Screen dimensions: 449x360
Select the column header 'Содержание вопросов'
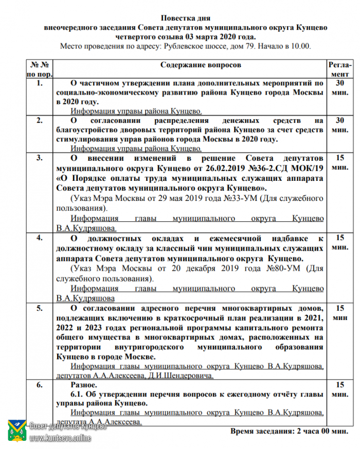pos(200,66)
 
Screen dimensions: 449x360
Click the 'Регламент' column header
pos(339,70)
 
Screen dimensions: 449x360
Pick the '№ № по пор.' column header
pos(40,70)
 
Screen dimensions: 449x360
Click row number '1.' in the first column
pos(40,83)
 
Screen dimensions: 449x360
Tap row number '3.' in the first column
pos(40,158)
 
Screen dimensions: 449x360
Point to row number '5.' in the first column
pos(40,308)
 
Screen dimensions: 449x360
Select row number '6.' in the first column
pos(40,385)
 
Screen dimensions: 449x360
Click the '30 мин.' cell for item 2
pos(339,125)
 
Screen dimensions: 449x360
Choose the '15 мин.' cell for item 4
pos(339,242)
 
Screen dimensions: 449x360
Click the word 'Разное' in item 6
pos(82,385)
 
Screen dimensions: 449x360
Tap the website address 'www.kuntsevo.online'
pos(60,438)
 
